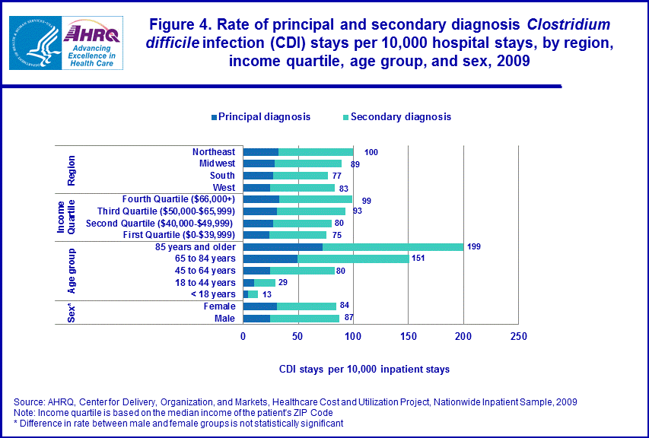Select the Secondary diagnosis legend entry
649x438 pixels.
[x=396, y=116]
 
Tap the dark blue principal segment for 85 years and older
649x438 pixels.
[x=282, y=247]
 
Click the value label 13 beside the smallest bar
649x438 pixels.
[x=267, y=294]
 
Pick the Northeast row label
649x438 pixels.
[x=213, y=152]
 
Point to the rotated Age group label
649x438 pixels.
[x=71, y=270]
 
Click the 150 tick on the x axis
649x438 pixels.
[x=409, y=336]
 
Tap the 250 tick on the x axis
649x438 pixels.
[x=518, y=336]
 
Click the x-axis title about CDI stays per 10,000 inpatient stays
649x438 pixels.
[x=363, y=369]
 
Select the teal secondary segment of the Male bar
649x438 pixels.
[x=304, y=318]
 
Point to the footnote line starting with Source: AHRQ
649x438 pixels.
[x=295, y=401]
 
